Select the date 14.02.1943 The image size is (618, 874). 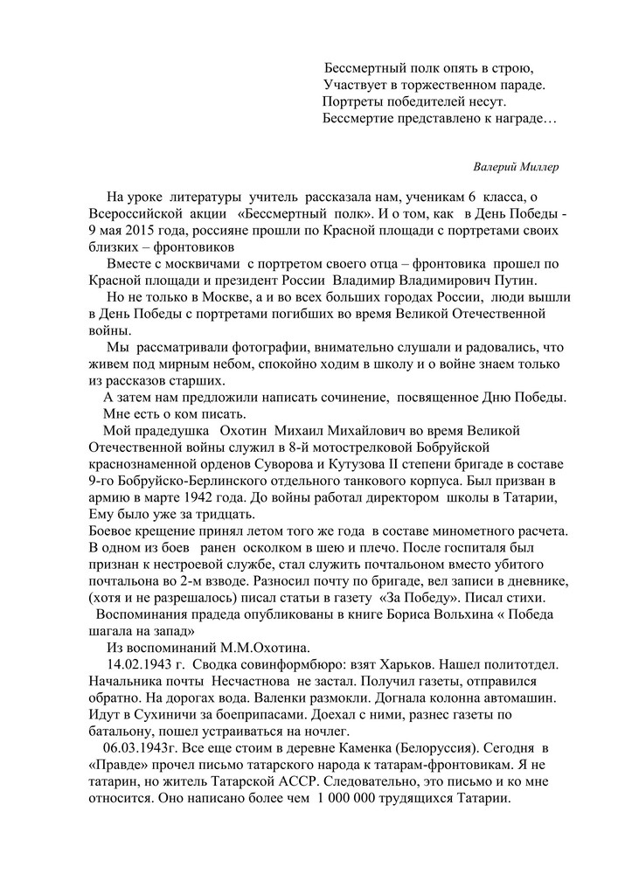coord(135,663)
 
